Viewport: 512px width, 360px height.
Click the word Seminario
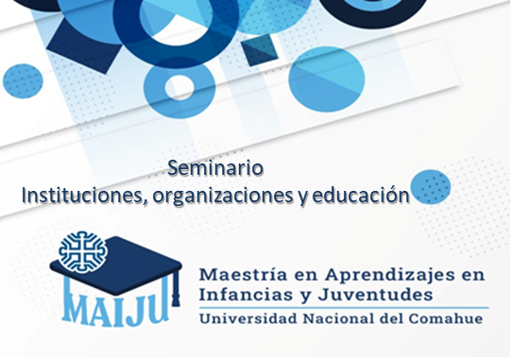point(215,168)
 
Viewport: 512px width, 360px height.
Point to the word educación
point(361,195)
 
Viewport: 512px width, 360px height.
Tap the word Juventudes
point(376,295)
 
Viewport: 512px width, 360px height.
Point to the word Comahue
point(446,318)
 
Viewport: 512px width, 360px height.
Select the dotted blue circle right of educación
point(431,187)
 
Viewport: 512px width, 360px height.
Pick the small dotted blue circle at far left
point(23,80)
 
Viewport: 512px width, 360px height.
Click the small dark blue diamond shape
point(260,50)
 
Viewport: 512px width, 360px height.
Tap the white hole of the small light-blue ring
point(179,87)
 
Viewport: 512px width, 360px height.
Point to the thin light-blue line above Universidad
point(344,307)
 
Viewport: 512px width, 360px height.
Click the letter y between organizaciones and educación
point(302,197)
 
